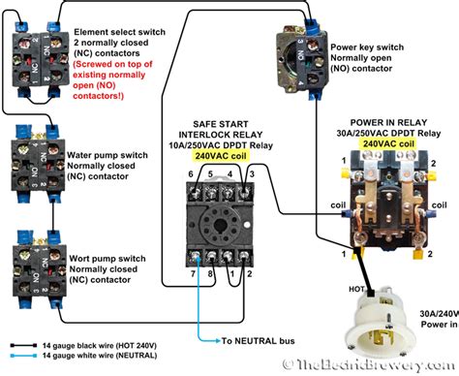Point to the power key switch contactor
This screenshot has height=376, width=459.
(304, 52)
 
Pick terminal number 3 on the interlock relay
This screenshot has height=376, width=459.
(251, 172)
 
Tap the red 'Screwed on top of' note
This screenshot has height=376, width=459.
(107, 58)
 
